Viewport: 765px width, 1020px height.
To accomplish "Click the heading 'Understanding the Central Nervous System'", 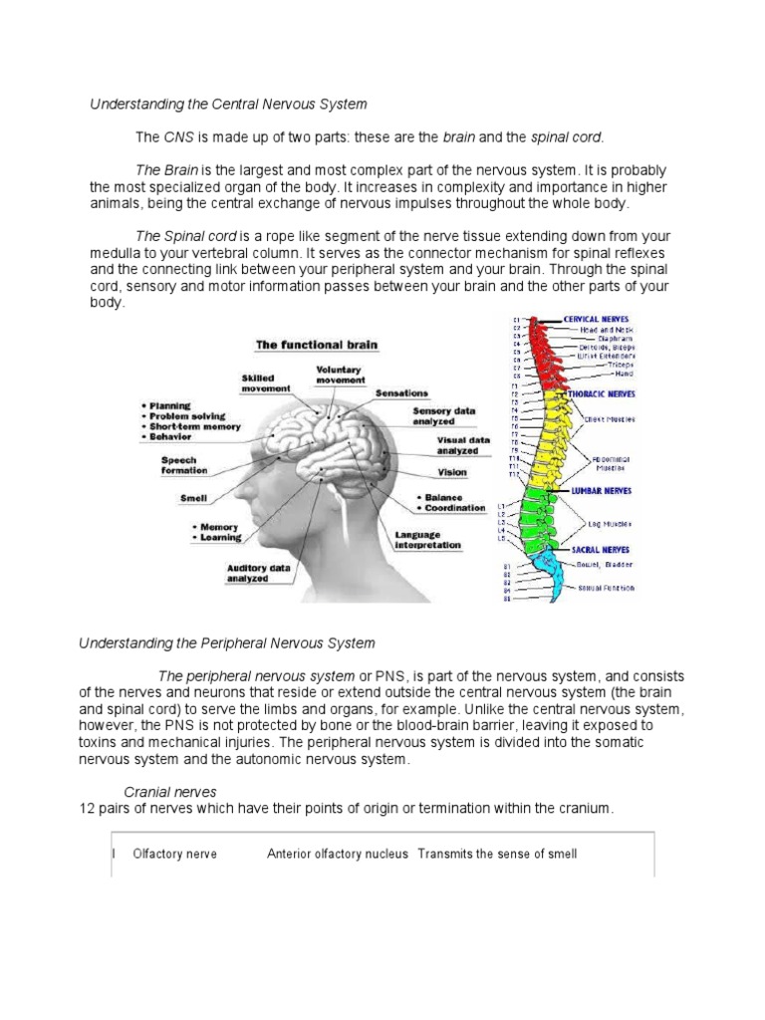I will pos(228,104).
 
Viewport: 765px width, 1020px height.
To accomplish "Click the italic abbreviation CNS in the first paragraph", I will pos(176,135).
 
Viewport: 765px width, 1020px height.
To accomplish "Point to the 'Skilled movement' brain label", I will pos(266,382).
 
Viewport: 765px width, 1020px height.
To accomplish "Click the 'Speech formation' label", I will pos(184,464).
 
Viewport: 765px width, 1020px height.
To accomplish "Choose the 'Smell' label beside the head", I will pos(193,497).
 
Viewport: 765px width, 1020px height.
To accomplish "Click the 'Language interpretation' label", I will pos(427,540).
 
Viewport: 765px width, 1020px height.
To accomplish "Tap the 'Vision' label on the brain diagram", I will pos(451,472).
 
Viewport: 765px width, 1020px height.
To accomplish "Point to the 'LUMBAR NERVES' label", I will pos(601,491).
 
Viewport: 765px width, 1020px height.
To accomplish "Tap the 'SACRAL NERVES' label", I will pos(600,549).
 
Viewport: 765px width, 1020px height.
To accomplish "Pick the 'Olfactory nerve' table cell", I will pos(175,854).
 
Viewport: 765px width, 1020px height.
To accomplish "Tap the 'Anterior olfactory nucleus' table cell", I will pos(339,854).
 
